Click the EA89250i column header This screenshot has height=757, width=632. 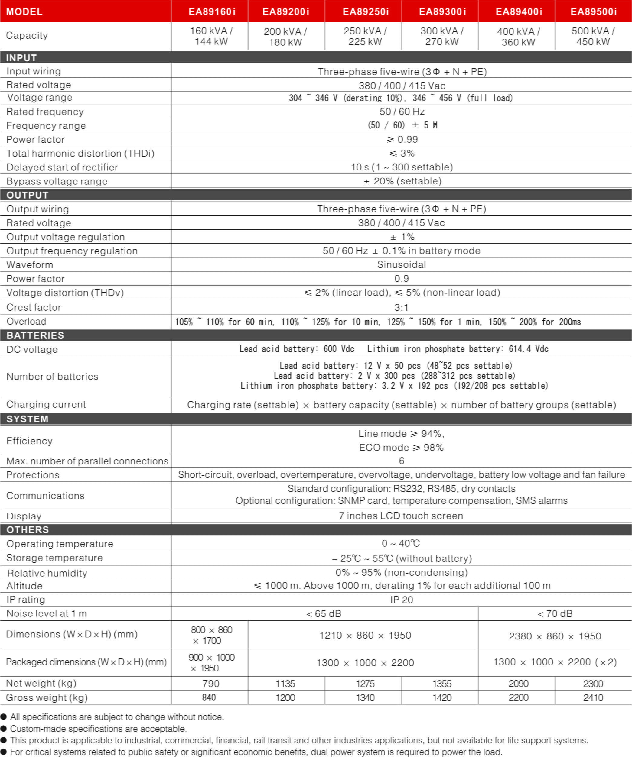point(365,11)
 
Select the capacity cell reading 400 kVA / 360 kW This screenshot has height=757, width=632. point(518,36)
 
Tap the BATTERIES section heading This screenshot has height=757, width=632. point(35,335)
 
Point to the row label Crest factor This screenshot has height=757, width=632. point(34,307)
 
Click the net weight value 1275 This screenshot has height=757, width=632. point(365,684)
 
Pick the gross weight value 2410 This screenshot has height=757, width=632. point(593,697)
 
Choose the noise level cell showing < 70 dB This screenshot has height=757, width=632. point(555,613)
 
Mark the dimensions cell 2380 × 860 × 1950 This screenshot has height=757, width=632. point(555,636)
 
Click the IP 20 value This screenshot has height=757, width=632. point(402,600)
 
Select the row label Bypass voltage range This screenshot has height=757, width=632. point(57,181)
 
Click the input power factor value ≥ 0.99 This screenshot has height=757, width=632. point(402,139)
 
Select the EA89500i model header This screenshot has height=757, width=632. point(593,11)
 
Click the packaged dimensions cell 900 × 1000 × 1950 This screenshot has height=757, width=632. point(211,662)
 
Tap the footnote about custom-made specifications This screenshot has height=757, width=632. point(98,729)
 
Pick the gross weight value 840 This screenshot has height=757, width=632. point(209,697)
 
